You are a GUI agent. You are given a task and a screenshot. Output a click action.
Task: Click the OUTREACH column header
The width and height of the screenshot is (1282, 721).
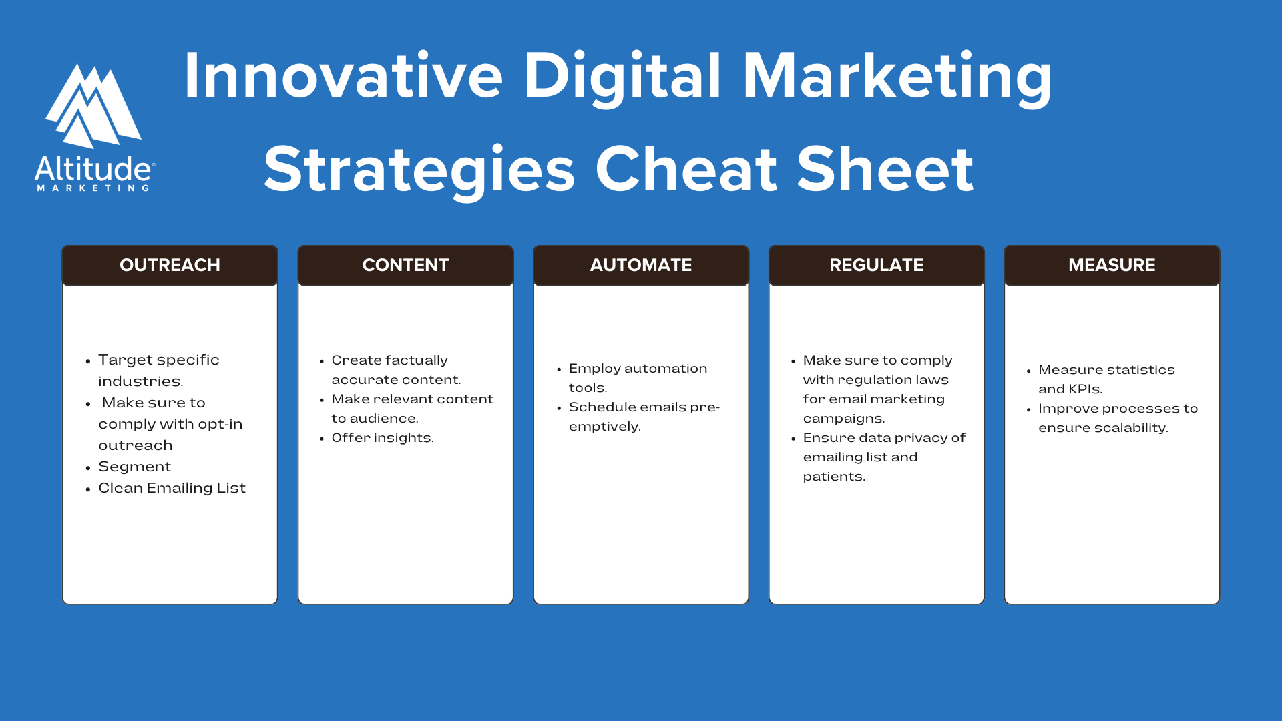click(x=170, y=265)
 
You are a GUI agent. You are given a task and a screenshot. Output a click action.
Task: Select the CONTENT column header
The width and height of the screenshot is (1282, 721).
click(x=405, y=265)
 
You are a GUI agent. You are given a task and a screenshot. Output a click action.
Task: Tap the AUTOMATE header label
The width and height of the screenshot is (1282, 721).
click(x=640, y=265)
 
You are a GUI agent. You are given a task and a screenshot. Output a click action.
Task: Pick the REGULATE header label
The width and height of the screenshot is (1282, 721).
click(x=876, y=265)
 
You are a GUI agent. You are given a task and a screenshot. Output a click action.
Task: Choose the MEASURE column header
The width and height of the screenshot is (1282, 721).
click(x=1112, y=265)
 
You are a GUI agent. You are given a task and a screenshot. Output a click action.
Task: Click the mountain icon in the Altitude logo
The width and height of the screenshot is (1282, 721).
click(x=93, y=107)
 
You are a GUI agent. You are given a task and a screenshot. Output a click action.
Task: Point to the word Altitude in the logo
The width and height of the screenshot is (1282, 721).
click(x=93, y=170)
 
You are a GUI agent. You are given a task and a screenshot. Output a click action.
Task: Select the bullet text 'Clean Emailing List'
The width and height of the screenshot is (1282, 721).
click(x=172, y=488)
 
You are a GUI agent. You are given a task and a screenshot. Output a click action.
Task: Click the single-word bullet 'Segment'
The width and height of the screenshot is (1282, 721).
click(x=134, y=467)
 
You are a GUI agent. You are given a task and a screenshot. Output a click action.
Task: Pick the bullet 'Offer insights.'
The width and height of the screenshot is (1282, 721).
click(x=382, y=438)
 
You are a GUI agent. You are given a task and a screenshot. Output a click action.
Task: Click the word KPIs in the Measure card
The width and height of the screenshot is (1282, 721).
click(x=1085, y=389)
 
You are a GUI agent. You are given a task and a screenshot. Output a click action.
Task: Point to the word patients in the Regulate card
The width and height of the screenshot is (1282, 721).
click(x=833, y=477)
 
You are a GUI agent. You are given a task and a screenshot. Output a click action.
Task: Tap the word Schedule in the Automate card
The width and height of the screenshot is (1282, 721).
click(x=602, y=407)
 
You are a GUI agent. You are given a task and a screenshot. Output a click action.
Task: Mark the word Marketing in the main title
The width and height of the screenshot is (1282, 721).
click(x=897, y=76)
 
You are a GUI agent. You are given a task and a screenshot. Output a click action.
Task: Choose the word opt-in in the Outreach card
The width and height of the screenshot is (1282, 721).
click(x=220, y=425)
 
